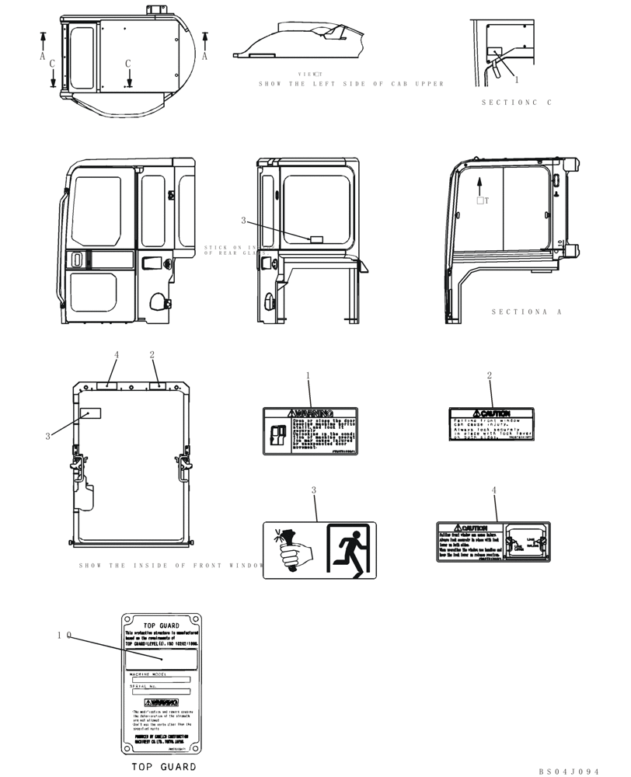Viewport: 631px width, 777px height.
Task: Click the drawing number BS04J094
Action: [569, 772]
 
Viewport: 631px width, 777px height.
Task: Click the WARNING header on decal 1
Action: [309, 413]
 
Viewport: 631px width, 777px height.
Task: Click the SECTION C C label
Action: [516, 103]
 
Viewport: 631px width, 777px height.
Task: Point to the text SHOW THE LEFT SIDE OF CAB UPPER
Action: [351, 84]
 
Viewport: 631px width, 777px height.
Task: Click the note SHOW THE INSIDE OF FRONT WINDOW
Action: [172, 566]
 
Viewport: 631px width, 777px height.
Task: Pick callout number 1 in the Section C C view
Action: [516, 79]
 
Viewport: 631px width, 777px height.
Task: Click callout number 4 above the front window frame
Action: [117, 355]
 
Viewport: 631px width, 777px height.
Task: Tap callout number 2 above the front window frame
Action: [152, 355]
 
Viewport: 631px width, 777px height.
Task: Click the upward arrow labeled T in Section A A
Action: [480, 186]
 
